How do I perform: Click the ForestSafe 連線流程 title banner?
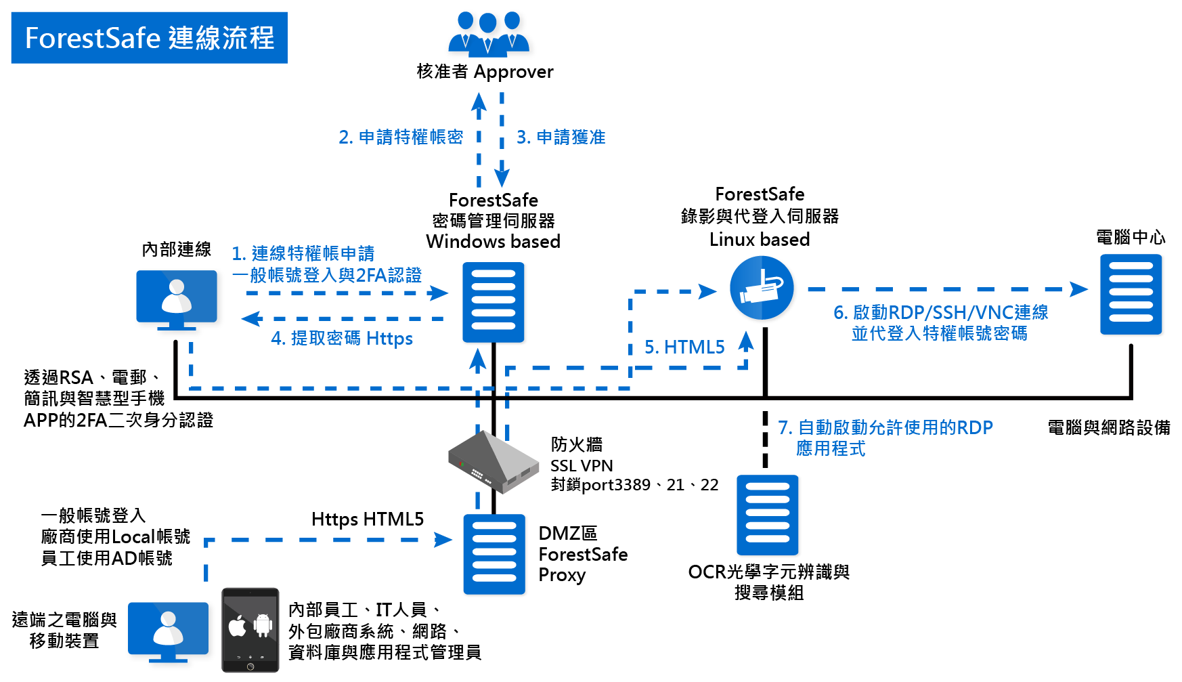(149, 38)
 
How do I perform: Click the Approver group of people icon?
(490, 34)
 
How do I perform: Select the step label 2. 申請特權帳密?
(401, 137)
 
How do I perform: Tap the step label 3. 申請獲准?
(561, 137)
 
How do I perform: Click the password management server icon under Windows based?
(494, 303)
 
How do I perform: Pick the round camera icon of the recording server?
(763, 289)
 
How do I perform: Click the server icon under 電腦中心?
(1131, 295)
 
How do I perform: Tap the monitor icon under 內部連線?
(179, 299)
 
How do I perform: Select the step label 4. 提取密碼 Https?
(342, 338)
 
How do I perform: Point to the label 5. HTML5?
(684, 347)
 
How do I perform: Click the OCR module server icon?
(768, 515)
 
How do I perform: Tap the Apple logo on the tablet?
(238, 626)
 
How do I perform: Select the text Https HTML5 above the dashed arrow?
(368, 519)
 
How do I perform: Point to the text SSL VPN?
(582, 466)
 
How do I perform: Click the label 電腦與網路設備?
(1109, 428)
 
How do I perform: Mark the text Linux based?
(760, 240)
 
